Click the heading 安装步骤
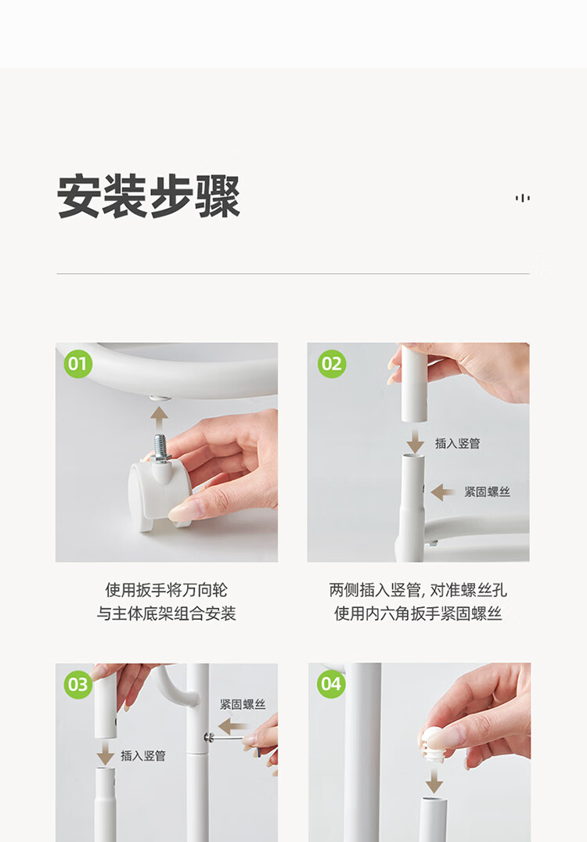point(148,196)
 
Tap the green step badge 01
point(77,364)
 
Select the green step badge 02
point(331,364)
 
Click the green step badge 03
point(77,684)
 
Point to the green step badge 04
point(331,684)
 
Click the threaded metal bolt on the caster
point(160,446)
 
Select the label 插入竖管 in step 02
point(458,444)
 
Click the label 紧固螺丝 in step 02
point(487,492)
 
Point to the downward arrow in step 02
point(415,441)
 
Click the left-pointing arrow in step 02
point(443,492)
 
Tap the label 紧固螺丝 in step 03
point(243,704)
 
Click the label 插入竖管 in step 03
point(143,756)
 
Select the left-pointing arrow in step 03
point(230,726)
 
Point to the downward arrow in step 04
point(434,780)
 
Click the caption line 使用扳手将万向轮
point(167,590)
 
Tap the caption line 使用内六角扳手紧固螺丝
point(418,614)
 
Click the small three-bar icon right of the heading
point(523,198)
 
